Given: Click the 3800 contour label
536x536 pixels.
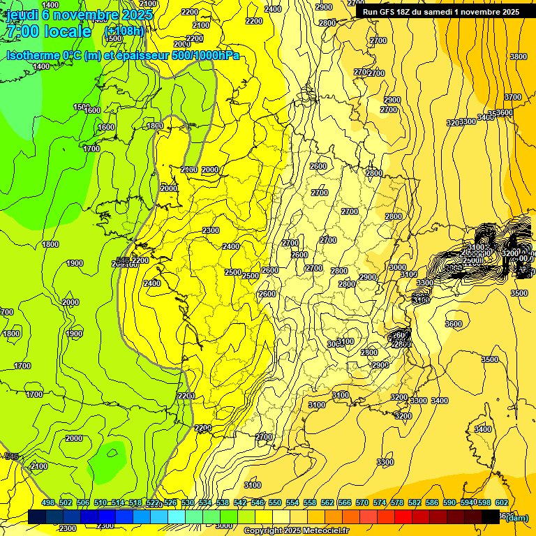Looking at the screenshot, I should pos(518,57).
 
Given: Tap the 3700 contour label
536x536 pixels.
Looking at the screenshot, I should pos(512,97).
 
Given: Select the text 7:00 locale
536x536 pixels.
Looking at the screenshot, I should pos(48,31).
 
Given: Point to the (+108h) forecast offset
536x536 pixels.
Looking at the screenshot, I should pos(124,31).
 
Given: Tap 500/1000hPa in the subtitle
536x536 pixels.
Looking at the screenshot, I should pos(205,55).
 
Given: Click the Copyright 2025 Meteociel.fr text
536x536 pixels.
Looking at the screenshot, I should pos(296,531).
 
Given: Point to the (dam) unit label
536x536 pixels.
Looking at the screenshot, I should pos(516,517).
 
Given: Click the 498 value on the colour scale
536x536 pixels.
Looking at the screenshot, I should pos(48,502).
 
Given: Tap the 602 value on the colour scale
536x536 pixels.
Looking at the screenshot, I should pos(501,502).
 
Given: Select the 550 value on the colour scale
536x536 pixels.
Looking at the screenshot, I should pos(275,502).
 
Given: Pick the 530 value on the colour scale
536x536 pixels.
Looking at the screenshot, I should pos(188,502).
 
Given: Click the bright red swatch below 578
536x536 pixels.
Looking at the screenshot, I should pos(403,516).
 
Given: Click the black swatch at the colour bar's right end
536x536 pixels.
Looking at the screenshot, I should pos(490,516).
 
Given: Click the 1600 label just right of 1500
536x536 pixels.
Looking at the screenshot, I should pos(92,110).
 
